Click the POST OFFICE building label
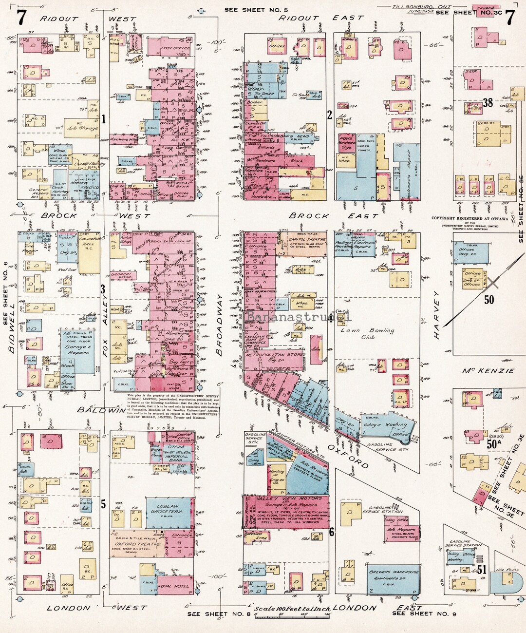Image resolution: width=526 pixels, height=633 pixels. (175, 48)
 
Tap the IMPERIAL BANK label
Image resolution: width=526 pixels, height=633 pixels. (176, 459)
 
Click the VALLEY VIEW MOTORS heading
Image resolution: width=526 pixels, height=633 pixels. (282, 499)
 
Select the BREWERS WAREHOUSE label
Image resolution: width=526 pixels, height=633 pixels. (393, 572)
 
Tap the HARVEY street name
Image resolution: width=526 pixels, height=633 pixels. (437, 315)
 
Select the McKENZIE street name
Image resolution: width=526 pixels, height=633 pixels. (488, 371)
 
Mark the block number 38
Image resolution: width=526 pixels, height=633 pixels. (488, 102)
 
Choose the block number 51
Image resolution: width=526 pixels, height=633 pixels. (482, 569)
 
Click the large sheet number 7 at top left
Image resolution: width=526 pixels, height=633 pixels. (21, 18)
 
